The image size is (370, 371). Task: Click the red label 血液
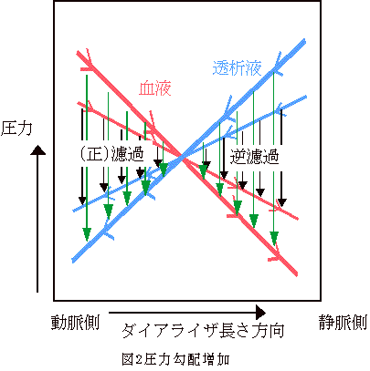(x=155, y=88)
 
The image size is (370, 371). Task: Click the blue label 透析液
(x=237, y=67)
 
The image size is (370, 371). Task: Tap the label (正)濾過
(x=111, y=154)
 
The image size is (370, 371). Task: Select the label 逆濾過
(x=254, y=157)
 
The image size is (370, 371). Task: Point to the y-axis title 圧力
(x=16, y=129)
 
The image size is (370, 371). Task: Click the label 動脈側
(x=75, y=323)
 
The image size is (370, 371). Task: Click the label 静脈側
(x=344, y=323)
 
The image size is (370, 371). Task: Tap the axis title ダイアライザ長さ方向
(x=204, y=331)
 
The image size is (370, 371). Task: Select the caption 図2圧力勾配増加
(x=175, y=359)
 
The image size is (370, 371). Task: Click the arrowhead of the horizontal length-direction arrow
(x=261, y=313)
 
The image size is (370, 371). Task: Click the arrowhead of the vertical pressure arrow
(x=37, y=149)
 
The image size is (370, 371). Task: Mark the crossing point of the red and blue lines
(x=183, y=158)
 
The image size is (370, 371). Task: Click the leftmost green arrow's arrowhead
(x=87, y=234)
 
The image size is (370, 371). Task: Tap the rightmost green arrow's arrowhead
(x=274, y=239)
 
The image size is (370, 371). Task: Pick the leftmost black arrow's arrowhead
(x=82, y=201)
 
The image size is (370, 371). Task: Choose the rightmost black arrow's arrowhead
(x=282, y=202)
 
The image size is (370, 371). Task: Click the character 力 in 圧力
(x=25, y=129)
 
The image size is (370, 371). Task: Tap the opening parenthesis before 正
(x=82, y=154)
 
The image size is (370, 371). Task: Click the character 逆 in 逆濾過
(x=238, y=157)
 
